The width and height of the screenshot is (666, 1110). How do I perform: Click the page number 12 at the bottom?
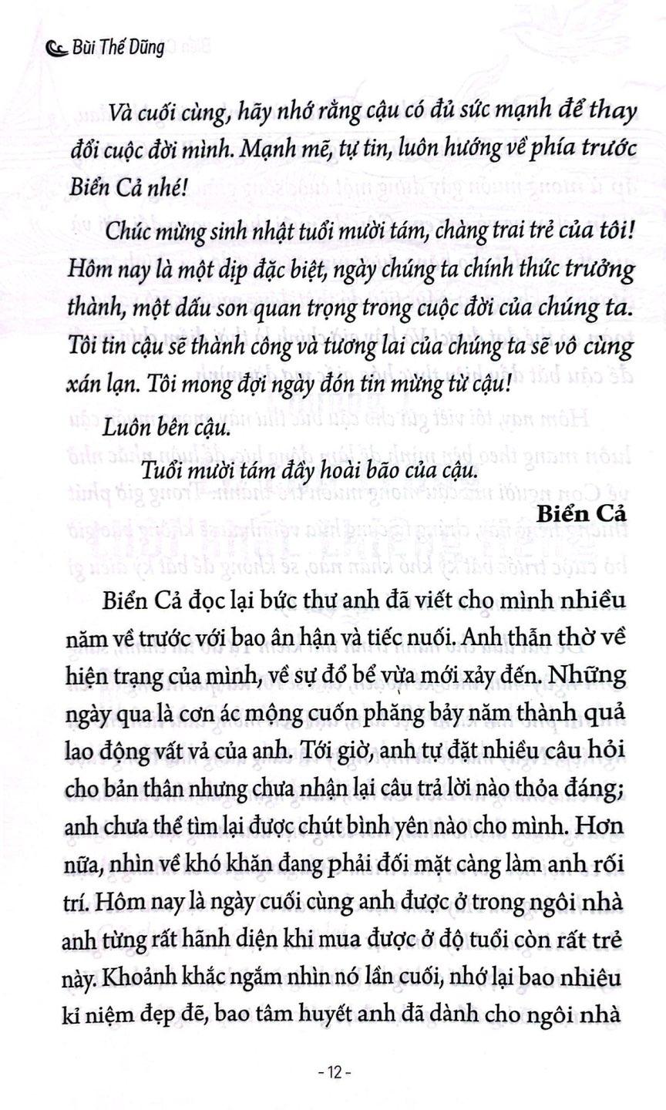click(x=333, y=1072)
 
